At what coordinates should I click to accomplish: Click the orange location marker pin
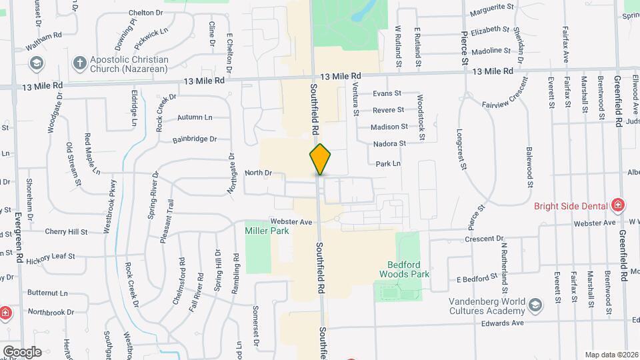(320, 159)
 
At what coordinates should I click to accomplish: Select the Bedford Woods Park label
(405, 269)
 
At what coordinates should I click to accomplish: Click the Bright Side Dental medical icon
(618, 204)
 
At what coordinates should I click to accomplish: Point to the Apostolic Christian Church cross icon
(79, 64)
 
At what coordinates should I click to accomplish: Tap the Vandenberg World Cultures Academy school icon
(535, 305)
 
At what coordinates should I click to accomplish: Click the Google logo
(22, 351)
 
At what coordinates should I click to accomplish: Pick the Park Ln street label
(388, 163)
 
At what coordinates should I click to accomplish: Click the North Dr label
(259, 173)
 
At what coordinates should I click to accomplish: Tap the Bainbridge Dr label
(195, 139)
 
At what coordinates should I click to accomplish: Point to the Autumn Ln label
(194, 117)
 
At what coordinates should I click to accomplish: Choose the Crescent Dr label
(485, 239)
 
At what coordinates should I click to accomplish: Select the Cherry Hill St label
(66, 232)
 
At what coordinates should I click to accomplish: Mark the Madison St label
(389, 127)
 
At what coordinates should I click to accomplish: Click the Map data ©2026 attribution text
(611, 355)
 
